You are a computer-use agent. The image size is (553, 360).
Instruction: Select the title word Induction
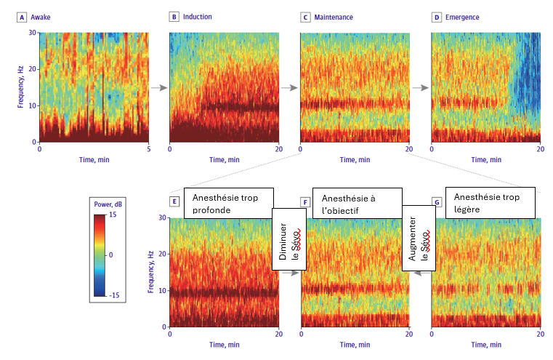click(x=198, y=16)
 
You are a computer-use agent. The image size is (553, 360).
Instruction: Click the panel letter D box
click(x=437, y=16)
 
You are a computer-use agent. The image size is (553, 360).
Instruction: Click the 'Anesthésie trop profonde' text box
click(x=228, y=203)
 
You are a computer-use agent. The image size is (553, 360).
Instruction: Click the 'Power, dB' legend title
click(x=108, y=204)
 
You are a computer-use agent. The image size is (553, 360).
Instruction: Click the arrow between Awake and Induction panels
click(x=158, y=87)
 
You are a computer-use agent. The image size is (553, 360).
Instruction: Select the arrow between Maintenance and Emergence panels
click(x=420, y=87)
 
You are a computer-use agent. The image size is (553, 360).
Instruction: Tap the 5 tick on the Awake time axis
click(x=148, y=148)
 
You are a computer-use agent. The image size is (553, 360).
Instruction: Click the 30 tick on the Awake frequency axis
click(x=32, y=33)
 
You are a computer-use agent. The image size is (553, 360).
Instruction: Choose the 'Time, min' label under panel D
click(x=485, y=158)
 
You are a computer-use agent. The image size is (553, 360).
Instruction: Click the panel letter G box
click(x=437, y=201)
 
